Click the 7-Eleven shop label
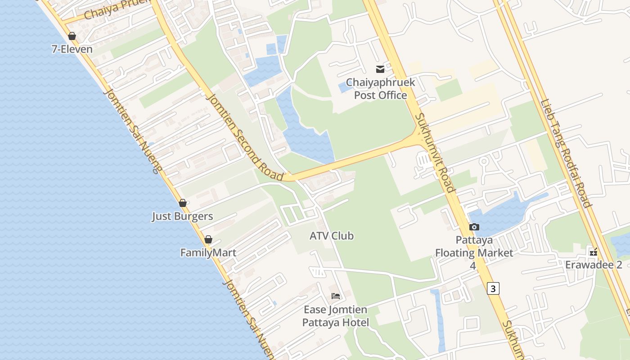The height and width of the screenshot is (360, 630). pyautogui.click(x=72, y=49)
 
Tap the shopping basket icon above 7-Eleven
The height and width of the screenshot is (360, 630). pyautogui.click(x=72, y=36)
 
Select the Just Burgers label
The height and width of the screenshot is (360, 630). pyautogui.click(x=182, y=216)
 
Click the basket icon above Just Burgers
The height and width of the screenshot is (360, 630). pyautogui.click(x=183, y=203)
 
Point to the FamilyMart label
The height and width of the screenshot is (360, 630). pyautogui.click(x=208, y=252)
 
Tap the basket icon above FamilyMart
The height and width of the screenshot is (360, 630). pyautogui.click(x=208, y=239)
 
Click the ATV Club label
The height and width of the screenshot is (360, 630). pyautogui.click(x=332, y=235)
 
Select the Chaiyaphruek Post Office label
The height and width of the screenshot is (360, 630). pyautogui.click(x=380, y=89)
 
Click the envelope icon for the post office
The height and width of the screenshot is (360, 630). pyautogui.click(x=380, y=69)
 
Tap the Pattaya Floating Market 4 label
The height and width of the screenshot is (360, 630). pyautogui.click(x=474, y=252)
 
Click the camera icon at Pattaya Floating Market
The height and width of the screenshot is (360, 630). pyautogui.click(x=474, y=227)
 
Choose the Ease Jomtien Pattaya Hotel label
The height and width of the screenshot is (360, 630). pyautogui.click(x=336, y=316)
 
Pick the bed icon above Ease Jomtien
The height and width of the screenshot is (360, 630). pyautogui.click(x=336, y=296)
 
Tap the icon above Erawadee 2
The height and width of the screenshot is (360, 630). pyautogui.click(x=594, y=252)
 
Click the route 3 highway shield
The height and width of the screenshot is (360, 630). pyautogui.click(x=493, y=288)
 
